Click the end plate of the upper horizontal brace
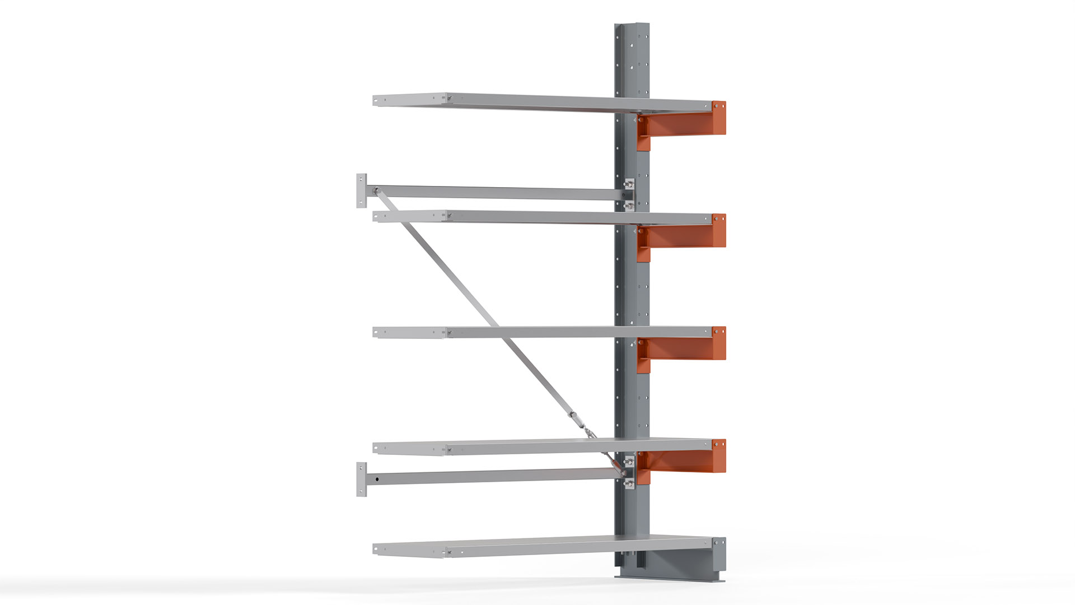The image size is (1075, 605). [362, 190]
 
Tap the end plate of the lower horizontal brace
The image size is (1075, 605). [362, 479]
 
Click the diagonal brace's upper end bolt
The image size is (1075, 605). [376, 190]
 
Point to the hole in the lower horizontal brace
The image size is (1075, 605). [377, 479]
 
